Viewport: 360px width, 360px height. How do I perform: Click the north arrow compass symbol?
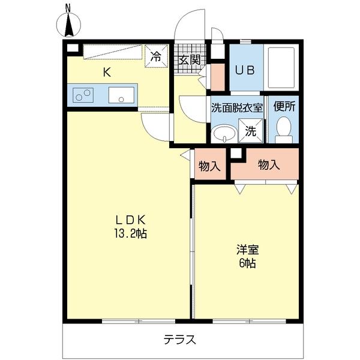[x=68, y=25]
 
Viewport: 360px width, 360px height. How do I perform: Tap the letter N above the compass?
[x=68, y=7]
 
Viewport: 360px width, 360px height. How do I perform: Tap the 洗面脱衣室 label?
[x=237, y=108]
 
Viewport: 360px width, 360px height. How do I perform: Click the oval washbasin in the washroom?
[x=224, y=133]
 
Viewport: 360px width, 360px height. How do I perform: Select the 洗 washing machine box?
[x=251, y=130]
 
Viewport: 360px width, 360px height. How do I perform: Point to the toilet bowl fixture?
[x=283, y=128]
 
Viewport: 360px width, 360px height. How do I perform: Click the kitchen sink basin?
[x=122, y=95]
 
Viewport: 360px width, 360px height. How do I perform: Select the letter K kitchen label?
[x=106, y=73]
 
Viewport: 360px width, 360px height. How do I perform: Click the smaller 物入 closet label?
[x=209, y=166]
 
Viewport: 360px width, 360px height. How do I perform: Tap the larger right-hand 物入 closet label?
[x=269, y=164]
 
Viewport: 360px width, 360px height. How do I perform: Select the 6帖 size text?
[x=246, y=264]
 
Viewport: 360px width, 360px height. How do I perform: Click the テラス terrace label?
[x=180, y=340]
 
